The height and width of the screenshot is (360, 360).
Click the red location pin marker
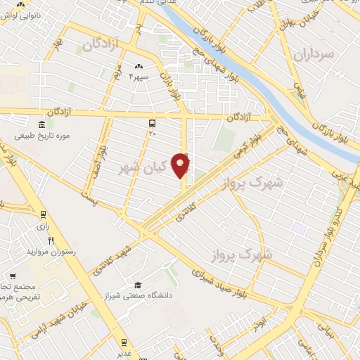coord(181,165)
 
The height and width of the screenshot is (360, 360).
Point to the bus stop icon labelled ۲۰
coord(153,123)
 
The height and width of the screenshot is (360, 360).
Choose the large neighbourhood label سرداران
coord(311,53)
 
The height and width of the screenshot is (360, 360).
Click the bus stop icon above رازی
coord(43,214)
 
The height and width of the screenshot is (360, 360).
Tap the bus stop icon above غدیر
coord(124,343)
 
